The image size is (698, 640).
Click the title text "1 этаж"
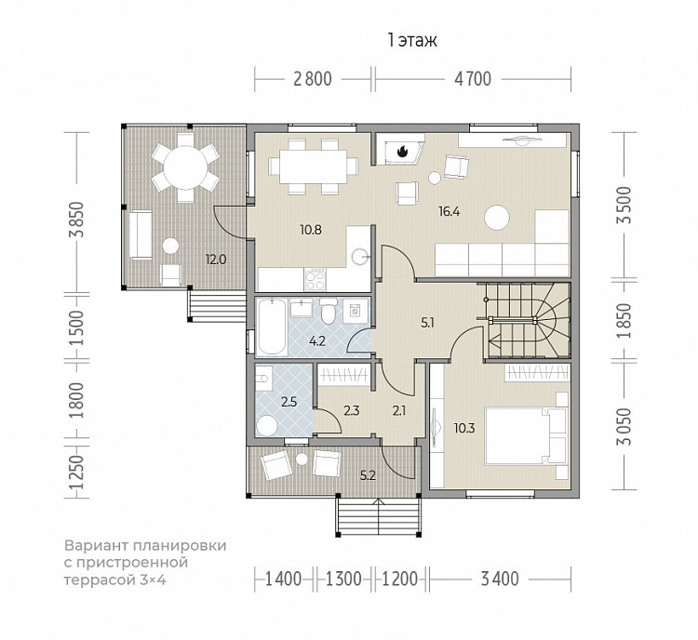pos(412,40)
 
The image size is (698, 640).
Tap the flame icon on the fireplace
pos(402,152)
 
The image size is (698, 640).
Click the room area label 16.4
pos(449,211)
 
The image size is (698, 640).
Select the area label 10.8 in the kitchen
pos(310,230)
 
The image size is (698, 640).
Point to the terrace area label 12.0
pos(216,259)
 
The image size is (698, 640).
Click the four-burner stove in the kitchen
pos(315,278)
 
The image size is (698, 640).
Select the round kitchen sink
pos(360,257)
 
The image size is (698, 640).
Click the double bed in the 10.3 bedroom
pos(525,435)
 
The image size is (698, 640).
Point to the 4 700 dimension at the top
pos(473,79)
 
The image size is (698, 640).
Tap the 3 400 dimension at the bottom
pos(500,579)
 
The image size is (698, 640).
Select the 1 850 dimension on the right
pos(624,320)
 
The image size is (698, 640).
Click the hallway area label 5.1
pos(427,323)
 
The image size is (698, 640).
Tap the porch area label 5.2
pos(368,475)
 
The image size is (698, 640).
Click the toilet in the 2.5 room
pos(267,426)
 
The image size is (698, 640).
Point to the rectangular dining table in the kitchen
pos(313,167)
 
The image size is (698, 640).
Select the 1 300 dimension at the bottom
pos(343,579)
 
